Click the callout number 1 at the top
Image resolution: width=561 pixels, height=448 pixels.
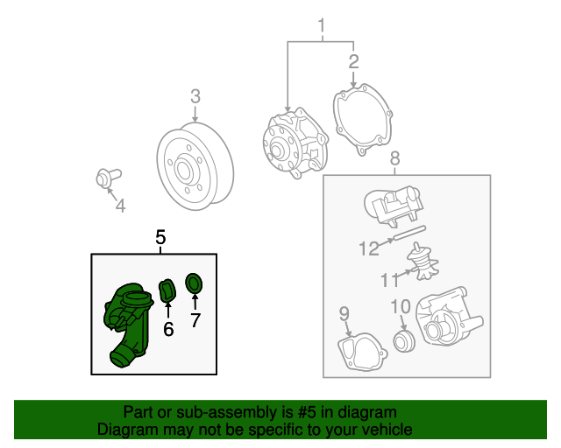coord(322,26)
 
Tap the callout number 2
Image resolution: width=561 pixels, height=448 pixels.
coord(353,61)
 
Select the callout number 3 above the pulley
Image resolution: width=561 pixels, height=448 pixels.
coord(195,96)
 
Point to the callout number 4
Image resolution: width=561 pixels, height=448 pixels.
coord(120,206)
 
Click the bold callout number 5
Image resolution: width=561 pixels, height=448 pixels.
coord(160,237)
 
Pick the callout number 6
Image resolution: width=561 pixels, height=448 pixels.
coord(168,329)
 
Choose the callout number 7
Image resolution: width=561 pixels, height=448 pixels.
coord(195,319)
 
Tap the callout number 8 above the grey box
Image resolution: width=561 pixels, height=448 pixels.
coord(395,157)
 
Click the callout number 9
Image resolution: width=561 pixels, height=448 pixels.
coord(344,313)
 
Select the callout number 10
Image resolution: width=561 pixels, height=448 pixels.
coord(401,306)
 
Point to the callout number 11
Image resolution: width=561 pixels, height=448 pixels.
coord(389,280)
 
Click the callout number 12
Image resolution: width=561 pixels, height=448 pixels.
coord(369,248)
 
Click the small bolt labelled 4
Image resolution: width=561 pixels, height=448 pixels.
coord(109,178)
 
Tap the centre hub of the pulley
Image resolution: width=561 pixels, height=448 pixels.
coord(183,171)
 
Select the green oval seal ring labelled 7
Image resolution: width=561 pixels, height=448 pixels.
coord(194,283)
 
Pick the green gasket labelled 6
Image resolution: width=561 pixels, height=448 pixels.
coord(167,291)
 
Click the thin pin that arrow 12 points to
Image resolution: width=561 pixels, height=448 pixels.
coord(409,233)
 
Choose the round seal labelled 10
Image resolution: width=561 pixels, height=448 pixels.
coord(404,341)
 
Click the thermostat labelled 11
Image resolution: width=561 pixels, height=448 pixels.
coord(423,261)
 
